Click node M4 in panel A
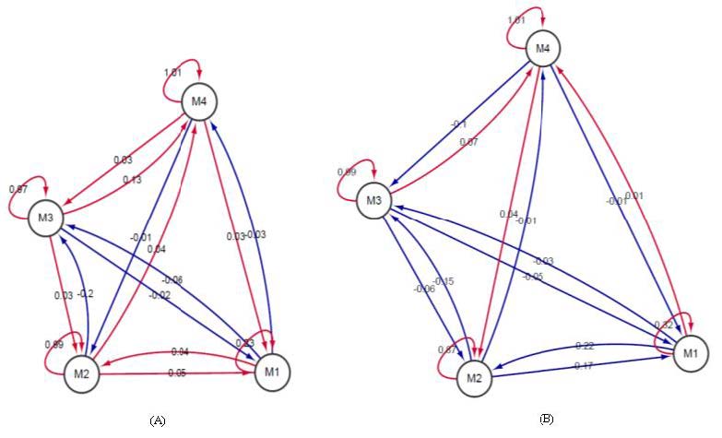click(200, 101)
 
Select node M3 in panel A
click(46, 218)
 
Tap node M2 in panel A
click(81, 373)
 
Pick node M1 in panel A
click(270, 372)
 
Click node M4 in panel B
click(543, 48)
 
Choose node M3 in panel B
click(374, 200)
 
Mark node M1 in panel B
click(691, 353)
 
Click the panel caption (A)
click(157, 420)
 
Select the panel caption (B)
click(548, 420)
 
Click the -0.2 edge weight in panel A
click(87, 294)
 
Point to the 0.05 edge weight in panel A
click(176, 373)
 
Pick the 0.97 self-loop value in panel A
click(18, 189)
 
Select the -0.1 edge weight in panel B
click(459, 124)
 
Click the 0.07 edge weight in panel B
click(469, 141)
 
